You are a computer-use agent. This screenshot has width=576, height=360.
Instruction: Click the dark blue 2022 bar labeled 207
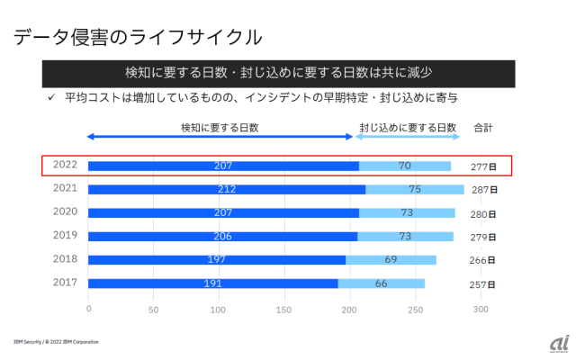pyautogui.click(x=223, y=166)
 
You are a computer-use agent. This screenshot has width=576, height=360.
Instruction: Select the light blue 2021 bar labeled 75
pyautogui.click(x=414, y=189)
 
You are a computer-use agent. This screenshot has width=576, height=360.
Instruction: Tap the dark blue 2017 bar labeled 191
pyautogui.click(x=212, y=283)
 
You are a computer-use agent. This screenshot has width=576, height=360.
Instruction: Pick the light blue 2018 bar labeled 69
pyautogui.click(x=391, y=260)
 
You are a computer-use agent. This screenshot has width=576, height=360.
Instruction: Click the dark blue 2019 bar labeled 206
pyautogui.click(x=222, y=237)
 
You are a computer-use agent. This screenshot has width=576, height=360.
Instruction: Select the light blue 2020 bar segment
pyautogui.click(x=407, y=213)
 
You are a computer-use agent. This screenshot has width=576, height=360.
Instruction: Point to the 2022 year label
pyautogui.click(x=65, y=166)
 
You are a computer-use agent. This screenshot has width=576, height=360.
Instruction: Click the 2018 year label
pyautogui.click(x=65, y=260)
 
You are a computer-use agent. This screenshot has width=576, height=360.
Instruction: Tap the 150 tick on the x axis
pyautogui.click(x=284, y=310)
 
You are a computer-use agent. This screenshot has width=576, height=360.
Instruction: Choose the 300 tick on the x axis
pyautogui.click(x=481, y=310)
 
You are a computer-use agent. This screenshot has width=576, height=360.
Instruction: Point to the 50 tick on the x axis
pyautogui.click(x=154, y=310)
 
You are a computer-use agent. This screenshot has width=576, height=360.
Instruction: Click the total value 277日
pyautogui.click(x=483, y=166)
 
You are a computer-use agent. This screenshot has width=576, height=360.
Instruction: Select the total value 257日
pyautogui.click(x=483, y=284)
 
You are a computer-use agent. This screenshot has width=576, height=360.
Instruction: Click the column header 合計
pyautogui.click(x=483, y=128)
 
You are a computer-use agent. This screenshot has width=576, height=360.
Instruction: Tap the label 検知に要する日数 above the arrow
pyautogui.click(x=220, y=128)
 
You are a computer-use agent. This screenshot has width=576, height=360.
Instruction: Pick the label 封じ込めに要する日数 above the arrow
pyautogui.click(x=408, y=128)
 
